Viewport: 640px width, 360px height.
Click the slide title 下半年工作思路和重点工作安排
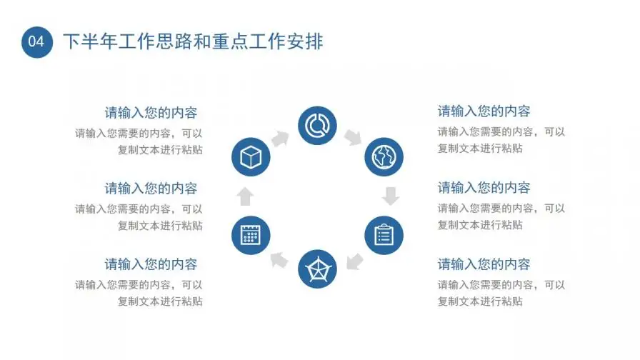coord(194,41)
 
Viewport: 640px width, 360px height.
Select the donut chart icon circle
coord(317,125)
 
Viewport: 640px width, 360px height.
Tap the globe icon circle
coord(384,157)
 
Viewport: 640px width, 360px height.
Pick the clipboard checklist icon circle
coord(384,234)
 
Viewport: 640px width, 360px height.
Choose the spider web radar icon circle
coord(317,269)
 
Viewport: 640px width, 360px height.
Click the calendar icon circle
coord(251,234)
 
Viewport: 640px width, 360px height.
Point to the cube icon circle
coord(251,157)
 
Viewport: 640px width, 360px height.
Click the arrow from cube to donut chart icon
coord(279,137)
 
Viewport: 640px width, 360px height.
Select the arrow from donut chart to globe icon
coord(354,137)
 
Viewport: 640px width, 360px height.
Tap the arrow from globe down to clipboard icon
coord(390,196)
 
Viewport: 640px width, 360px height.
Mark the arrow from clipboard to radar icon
coord(354,261)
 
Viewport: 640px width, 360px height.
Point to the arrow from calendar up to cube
coord(245,196)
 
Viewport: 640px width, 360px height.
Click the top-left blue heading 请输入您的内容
coord(151,113)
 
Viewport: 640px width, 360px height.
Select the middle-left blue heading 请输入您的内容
coord(151,189)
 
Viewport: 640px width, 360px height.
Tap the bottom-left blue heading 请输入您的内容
coord(151,264)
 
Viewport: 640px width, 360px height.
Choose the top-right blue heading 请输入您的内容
coord(484,111)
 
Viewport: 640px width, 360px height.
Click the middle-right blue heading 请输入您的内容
coord(484,188)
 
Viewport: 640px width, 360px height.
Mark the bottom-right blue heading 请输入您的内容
coord(484,264)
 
